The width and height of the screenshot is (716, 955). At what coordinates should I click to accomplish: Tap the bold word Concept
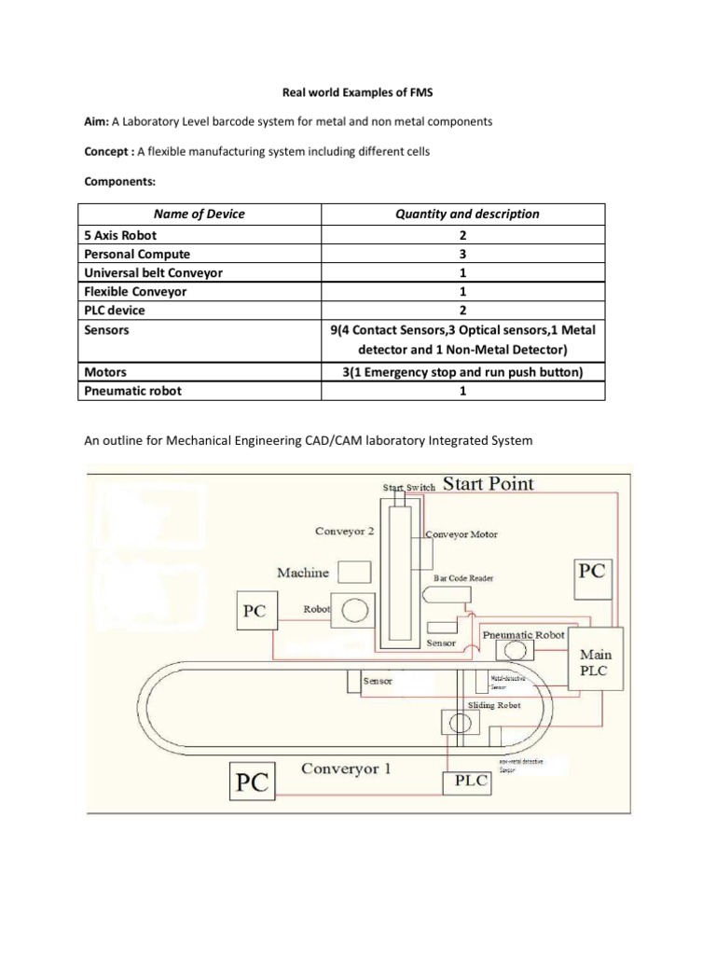tap(110, 152)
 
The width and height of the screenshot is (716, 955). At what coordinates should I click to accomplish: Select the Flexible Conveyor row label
tap(136, 291)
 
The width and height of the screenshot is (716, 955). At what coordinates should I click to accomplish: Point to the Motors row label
tap(105, 371)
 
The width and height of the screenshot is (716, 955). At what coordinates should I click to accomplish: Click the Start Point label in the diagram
tap(488, 483)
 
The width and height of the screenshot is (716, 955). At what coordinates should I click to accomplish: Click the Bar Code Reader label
tap(463, 578)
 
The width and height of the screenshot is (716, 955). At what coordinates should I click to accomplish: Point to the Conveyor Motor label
tap(461, 534)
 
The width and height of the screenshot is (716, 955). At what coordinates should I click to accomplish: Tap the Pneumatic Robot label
tap(524, 634)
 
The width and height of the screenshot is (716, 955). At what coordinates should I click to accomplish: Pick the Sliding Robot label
tap(495, 705)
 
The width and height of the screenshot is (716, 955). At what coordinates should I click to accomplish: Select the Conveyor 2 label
tap(345, 532)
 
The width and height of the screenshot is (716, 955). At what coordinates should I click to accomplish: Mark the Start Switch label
tap(408, 487)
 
